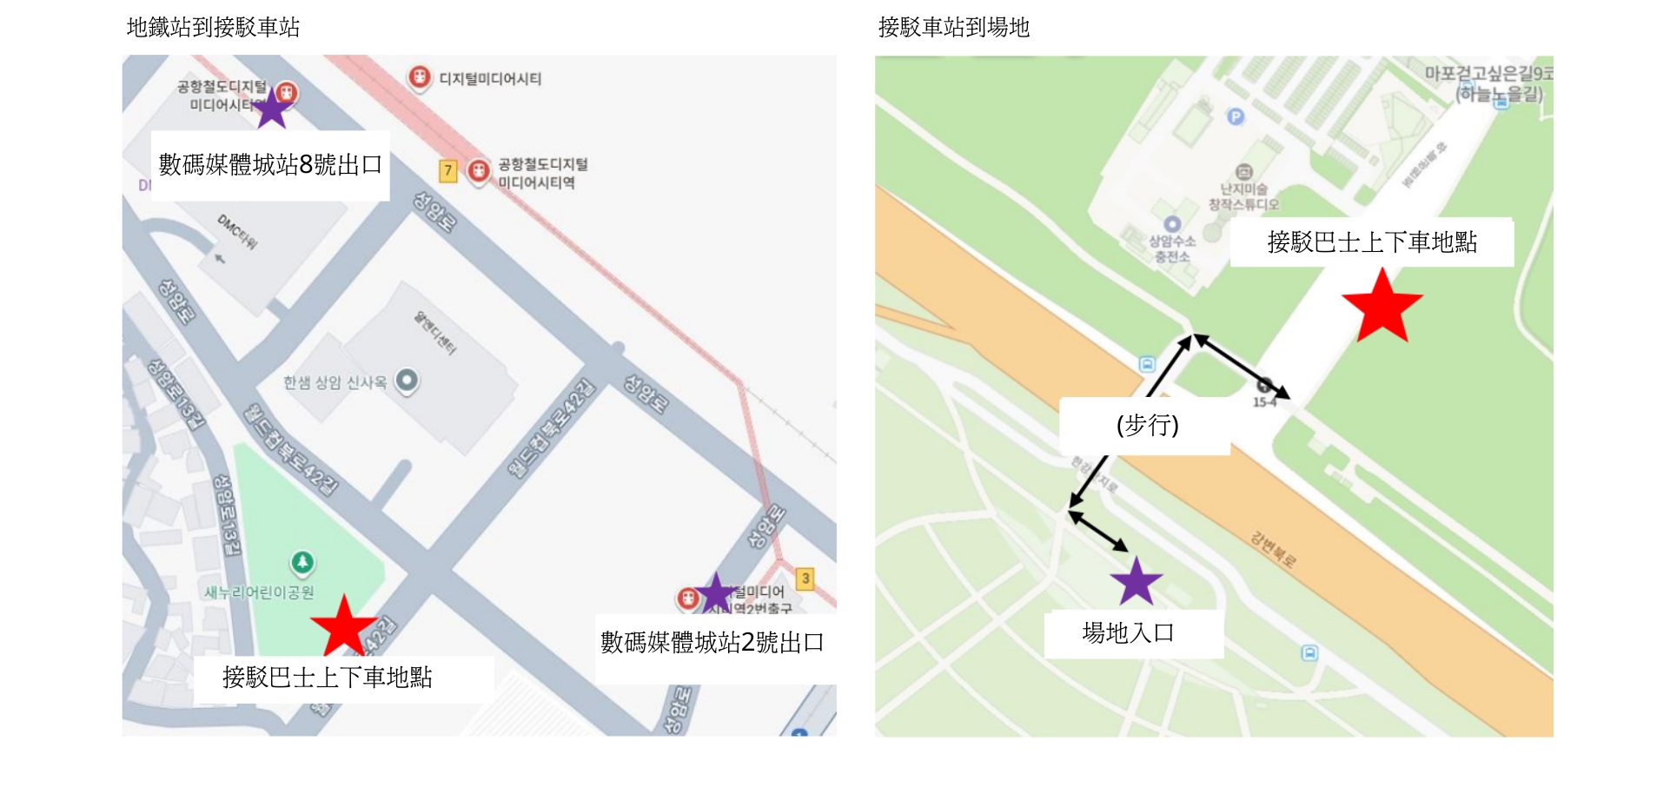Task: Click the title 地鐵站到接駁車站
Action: coord(213,28)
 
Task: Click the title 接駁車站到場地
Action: coord(953,28)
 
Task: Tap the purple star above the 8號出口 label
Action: coord(272,109)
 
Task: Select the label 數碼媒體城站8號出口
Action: coord(270,165)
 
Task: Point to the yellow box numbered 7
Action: coord(447,170)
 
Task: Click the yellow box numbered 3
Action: coord(805,579)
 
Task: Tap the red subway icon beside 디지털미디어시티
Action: coord(420,77)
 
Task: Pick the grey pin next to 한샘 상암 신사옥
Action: coord(407,380)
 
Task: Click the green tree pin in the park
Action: coord(302,562)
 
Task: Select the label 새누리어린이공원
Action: coord(259,592)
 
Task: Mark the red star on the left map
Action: coord(344,625)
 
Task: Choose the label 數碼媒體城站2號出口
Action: coord(712,643)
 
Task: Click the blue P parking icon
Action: coord(1235,116)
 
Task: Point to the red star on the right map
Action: coord(1382,306)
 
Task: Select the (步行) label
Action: coord(1147,425)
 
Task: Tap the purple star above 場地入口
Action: coord(1136,581)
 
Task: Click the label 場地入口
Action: coord(1128,633)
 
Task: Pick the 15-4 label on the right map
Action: coord(1264,402)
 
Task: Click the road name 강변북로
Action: coord(1273,550)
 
